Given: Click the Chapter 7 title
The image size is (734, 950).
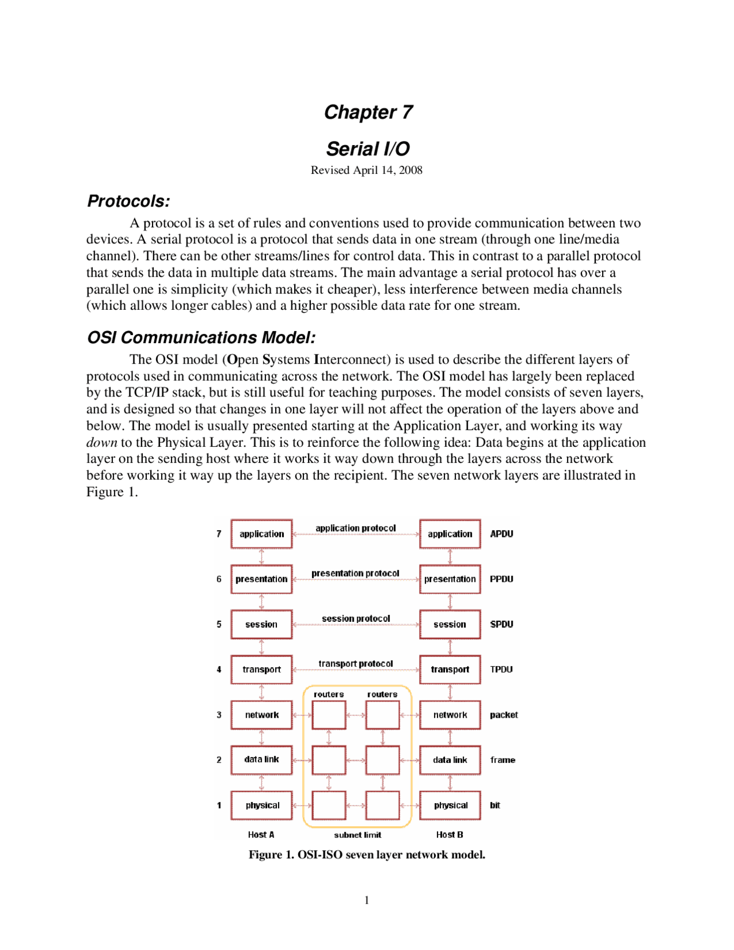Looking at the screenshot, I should tap(368, 112).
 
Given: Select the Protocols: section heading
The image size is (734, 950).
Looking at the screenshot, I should tap(128, 201).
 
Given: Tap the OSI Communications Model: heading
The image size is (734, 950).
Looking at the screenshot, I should tap(201, 337).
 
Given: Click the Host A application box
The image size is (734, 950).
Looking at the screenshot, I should tap(261, 534).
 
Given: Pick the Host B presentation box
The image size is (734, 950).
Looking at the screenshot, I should tap(450, 579).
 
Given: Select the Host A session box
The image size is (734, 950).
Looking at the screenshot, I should tap(261, 624).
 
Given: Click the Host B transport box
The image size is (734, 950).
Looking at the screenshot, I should tap(450, 669).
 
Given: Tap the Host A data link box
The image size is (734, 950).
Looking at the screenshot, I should tap(261, 760).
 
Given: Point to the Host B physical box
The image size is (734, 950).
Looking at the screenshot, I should tap(450, 805).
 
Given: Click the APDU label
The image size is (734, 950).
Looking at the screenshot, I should tap(501, 534).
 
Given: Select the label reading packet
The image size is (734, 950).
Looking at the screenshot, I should tap(503, 715).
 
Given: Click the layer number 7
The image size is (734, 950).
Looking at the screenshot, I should tap(219, 534).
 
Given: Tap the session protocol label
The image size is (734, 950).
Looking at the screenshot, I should tap(356, 618).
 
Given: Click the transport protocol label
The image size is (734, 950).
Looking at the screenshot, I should tap(356, 664).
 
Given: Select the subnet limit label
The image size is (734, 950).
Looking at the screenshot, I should tap(357, 835).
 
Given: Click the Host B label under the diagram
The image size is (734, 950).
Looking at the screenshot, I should tap(449, 835).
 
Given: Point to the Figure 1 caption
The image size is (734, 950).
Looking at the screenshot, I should tap(366, 855).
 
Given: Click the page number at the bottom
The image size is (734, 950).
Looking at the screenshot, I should tap(366, 901).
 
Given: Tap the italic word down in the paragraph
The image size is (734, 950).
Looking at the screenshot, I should tap(101, 443).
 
